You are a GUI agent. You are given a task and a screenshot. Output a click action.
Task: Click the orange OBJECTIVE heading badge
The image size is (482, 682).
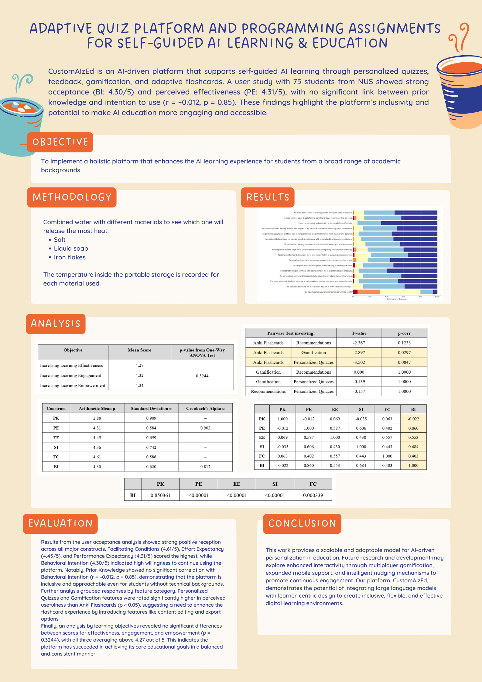pyautogui.click(x=60, y=142)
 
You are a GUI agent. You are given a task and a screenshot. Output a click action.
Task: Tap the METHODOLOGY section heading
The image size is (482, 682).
pyautogui.click(x=72, y=197)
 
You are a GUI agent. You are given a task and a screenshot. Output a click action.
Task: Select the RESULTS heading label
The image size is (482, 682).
pyautogui.click(x=268, y=197)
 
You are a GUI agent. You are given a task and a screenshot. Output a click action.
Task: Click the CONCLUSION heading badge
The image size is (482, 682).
pyautogui.click(x=302, y=523)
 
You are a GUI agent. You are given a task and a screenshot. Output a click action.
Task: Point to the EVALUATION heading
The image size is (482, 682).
pyautogui.click(x=60, y=523)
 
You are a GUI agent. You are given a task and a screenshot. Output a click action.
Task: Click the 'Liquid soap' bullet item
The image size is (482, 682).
pyautogui.click(x=71, y=248)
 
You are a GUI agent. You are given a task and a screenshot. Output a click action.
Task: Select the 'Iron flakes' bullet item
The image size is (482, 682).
pyautogui.click(x=70, y=257)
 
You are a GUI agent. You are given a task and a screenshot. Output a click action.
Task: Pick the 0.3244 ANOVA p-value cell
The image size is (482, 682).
pyautogui.click(x=202, y=376)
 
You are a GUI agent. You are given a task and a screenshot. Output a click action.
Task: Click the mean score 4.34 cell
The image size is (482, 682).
pyautogui.click(x=139, y=386)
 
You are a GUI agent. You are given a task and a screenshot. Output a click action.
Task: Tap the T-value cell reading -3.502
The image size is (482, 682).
pyautogui.click(x=359, y=362)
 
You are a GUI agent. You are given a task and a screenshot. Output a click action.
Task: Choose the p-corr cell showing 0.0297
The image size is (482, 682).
pyautogui.click(x=404, y=352)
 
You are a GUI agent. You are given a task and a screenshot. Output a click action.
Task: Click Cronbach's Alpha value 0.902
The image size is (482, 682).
pyautogui.click(x=205, y=428)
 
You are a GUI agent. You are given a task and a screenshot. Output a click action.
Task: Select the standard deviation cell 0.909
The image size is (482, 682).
pyautogui.click(x=151, y=418)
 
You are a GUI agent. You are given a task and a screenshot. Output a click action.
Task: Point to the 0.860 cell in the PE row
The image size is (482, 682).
pyautogui.click(x=413, y=428)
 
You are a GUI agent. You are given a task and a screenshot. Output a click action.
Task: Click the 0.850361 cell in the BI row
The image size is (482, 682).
pyautogui.click(x=160, y=495)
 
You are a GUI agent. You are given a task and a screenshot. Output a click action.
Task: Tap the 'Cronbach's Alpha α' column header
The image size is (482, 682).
pyautogui.click(x=205, y=409)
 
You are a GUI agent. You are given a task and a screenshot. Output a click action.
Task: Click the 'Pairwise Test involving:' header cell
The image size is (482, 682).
pyautogui.click(x=291, y=333)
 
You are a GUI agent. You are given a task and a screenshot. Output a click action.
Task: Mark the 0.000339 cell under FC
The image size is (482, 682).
pyautogui.click(x=313, y=495)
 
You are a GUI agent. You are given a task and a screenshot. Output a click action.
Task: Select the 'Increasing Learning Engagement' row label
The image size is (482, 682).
pyautogui.click(x=70, y=375)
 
